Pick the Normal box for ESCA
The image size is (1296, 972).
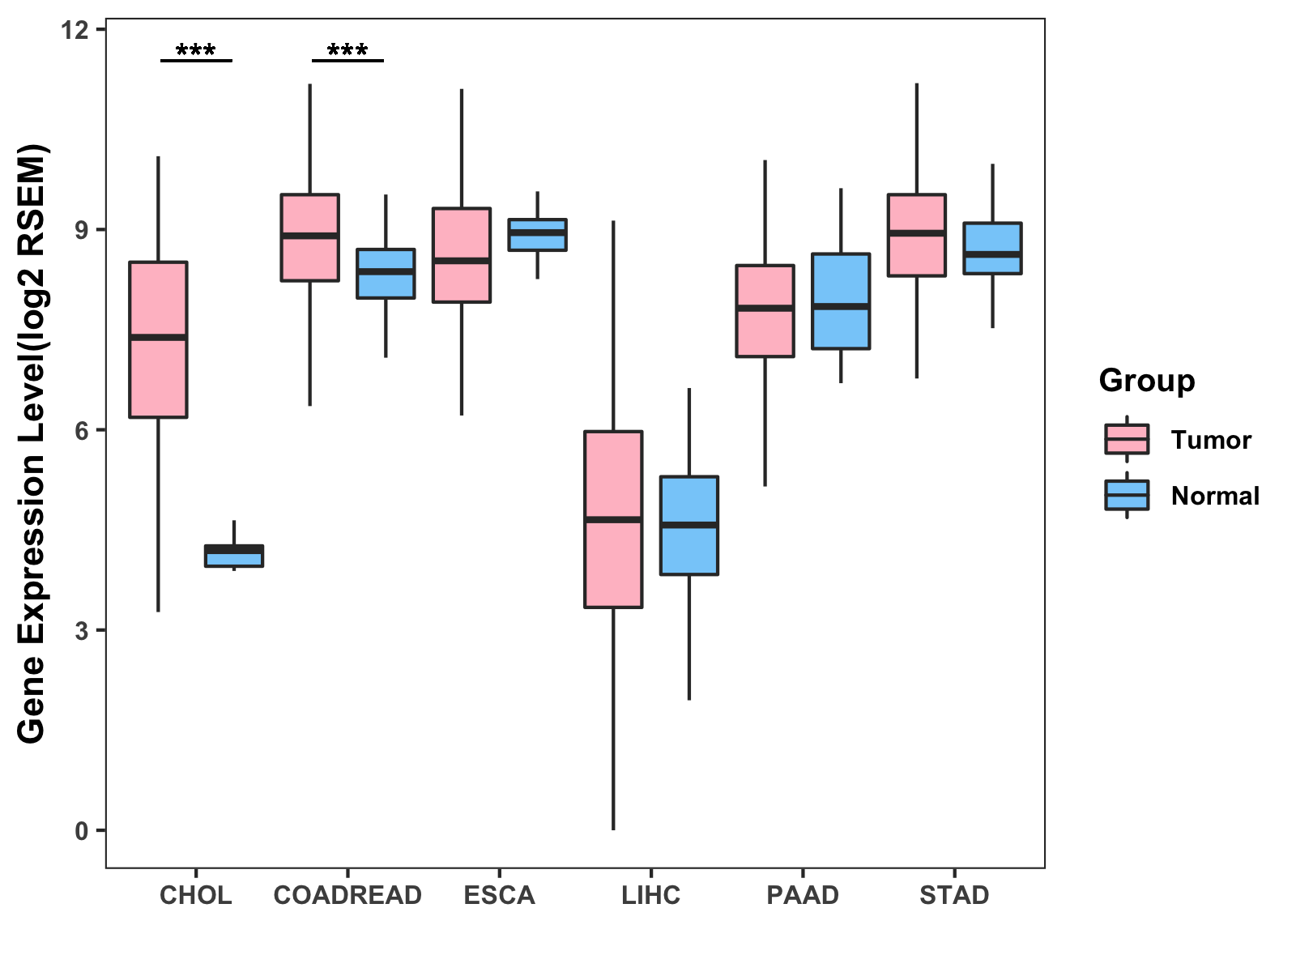coord(537,234)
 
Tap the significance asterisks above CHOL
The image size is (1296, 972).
coord(196,51)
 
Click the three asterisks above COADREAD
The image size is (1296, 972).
coord(347,51)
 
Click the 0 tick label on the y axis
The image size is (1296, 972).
coord(81,831)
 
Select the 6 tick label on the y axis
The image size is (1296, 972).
coord(81,431)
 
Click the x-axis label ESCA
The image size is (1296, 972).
coord(499,895)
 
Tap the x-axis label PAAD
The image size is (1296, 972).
coord(803,895)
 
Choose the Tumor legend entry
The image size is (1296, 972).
coord(1210,440)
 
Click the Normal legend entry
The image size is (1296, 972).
coord(1214,496)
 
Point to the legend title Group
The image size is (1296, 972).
coord(1146,381)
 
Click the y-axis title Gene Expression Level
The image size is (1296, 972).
coord(32,444)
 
